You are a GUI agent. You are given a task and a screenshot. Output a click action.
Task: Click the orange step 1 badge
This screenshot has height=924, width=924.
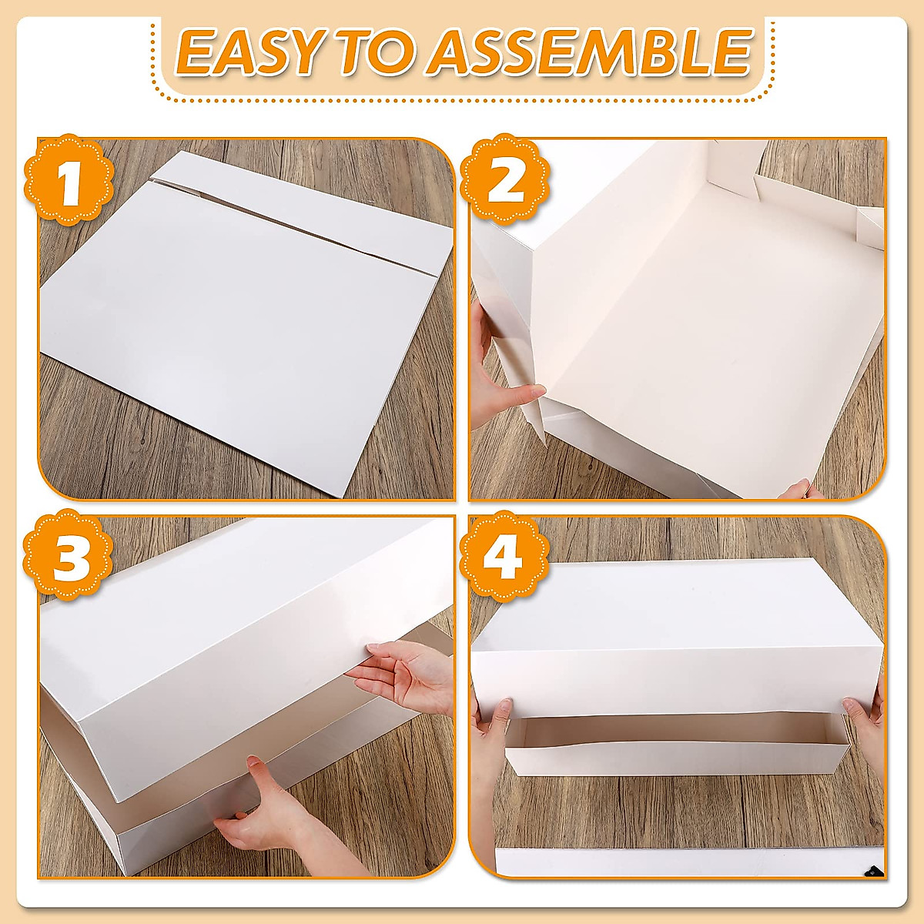click(70, 182)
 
